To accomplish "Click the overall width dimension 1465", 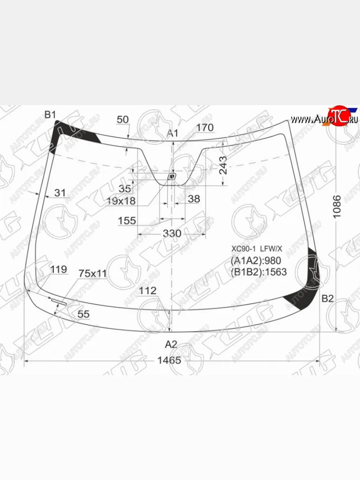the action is pos(169,360).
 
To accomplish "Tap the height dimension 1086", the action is pos(337,207).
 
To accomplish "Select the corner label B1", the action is pos(50,114).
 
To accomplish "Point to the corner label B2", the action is pos(328,298).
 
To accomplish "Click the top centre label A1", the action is pos(172,133).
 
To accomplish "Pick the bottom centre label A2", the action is pos(171,344).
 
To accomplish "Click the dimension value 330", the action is pos(172,233).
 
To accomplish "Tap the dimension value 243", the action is pos(223,165).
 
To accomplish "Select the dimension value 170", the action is pos(205,128).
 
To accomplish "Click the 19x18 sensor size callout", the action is pos(121,201).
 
